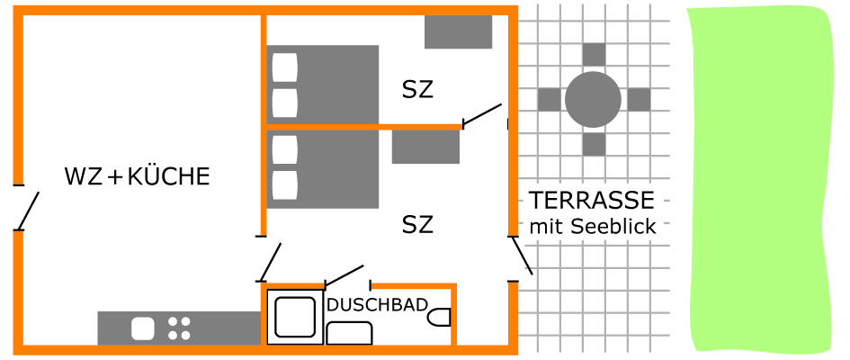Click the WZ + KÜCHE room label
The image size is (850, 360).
(x=137, y=176)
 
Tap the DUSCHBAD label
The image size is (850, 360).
(x=377, y=305)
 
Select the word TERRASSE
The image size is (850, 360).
(x=592, y=201)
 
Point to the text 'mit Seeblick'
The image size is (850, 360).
(x=593, y=227)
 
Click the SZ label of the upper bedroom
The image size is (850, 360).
(x=418, y=90)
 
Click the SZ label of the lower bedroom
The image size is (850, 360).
(x=418, y=224)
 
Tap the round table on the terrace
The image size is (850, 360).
(x=593, y=100)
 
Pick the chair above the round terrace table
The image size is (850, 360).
(x=595, y=54)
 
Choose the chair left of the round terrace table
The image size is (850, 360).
(x=550, y=100)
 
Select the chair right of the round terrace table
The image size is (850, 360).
(x=639, y=100)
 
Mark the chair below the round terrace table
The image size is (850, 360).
(x=595, y=144)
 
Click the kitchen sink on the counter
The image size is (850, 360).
(x=143, y=328)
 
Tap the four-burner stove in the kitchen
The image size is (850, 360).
(x=179, y=328)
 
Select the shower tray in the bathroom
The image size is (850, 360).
(x=295, y=317)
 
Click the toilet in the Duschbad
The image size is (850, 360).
(x=439, y=318)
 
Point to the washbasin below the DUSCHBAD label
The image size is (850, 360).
(x=350, y=333)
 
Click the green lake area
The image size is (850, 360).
(x=761, y=179)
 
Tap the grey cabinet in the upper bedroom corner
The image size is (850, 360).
(x=458, y=32)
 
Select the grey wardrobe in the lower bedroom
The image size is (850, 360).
(x=425, y=147)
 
